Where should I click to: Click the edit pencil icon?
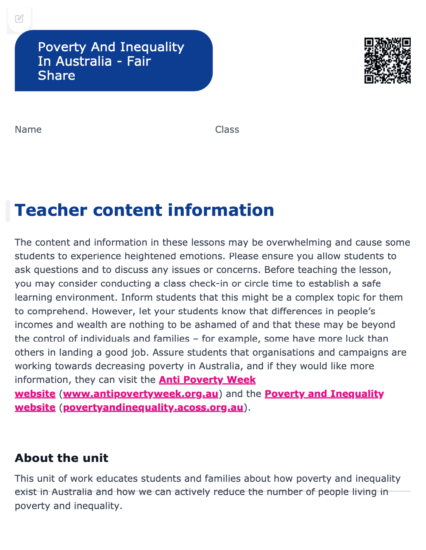(x=19, y=19)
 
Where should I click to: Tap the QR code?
(x=387, y=60)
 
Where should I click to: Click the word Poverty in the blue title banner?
(x=62, y=47)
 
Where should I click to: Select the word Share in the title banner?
(x=57, y=76)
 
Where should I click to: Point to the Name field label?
(x=28, y=129)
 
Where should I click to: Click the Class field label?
(x=227, y=129)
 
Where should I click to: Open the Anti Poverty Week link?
(x=207, y=380)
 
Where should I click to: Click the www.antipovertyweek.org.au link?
(x=140, y=394)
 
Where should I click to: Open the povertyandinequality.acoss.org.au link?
(x=153, y=407)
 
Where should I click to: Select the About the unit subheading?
(x=62, y=458)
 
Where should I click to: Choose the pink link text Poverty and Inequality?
(x=324, y=394)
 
